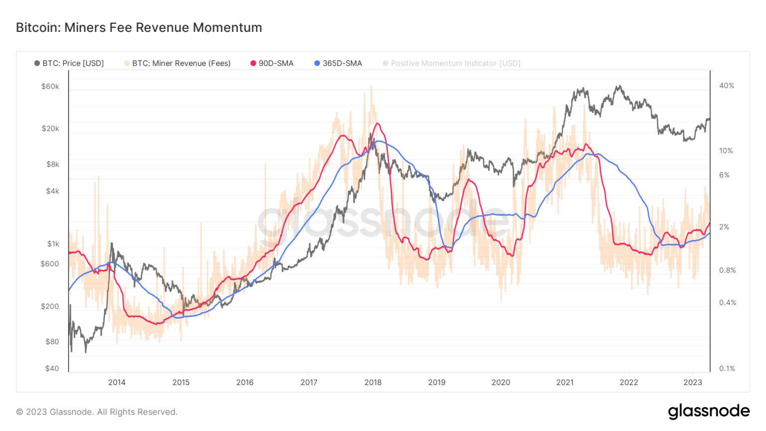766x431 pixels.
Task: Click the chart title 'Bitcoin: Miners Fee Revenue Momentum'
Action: pyautogui.click(x=139, y=27)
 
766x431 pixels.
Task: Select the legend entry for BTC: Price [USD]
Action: pyautogui.click(x=69, y=63)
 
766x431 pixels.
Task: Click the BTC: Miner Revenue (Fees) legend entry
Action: pyautogui.click(x=177, y=63)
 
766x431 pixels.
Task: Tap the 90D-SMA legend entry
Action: pyautogui.click(x=272, y=63)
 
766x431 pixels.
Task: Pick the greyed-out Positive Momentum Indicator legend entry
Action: pyautogui.click(x=451, y=63)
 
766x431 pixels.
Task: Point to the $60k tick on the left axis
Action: pyautogui.click(x=50, y=86)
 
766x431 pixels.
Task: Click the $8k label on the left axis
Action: pyautogui.click(x=52, y=164)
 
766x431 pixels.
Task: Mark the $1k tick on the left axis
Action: pyautogui.click(x=53, y=244)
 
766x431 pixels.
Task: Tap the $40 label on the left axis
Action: pyautogui.click(x=52, y=369)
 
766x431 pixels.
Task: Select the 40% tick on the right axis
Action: pyautogui.click(x=727, y=86)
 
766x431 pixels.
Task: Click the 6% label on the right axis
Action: pyautogui.click(x=724, y=175)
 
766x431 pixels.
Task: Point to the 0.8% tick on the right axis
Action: pyautogui.click(x=727, y=270)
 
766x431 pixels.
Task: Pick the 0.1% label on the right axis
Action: pyautogui.click(x=727, y=369)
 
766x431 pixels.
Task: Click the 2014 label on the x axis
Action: pyautogui.click(x=117, y=383)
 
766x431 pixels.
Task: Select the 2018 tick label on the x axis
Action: pyautogui.click(x=373, y=383)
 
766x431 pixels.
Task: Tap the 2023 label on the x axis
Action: pyautogui.click(x=692, y=383)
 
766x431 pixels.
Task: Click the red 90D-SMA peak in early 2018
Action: pyautogui.click(x=378, y=124)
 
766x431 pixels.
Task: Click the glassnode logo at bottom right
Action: pyautogui.click(x=709, y=412)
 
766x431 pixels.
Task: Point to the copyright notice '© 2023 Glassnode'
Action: pyautogui.click(x=97, y=412)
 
